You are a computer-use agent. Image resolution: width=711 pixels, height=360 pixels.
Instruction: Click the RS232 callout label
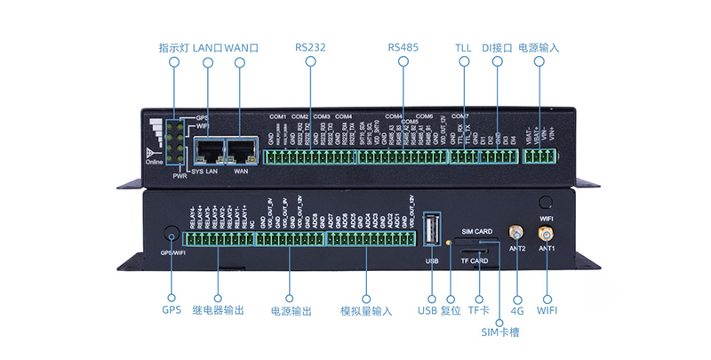coord(311,46)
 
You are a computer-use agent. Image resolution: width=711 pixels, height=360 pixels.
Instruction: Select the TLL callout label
coord(464,46)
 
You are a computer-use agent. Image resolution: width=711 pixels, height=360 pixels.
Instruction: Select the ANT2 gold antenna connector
coord(515,233)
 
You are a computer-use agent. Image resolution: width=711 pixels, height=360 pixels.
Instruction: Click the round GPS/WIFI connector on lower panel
coord(171,235)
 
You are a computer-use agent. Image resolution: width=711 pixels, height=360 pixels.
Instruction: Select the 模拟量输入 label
coord(366,311)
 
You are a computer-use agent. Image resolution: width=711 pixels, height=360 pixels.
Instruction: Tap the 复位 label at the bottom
coord(451,311)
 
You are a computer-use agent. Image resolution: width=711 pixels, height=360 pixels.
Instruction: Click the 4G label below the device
coord(517,311)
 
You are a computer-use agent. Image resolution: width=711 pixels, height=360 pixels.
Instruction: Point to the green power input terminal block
coord(539,157)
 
